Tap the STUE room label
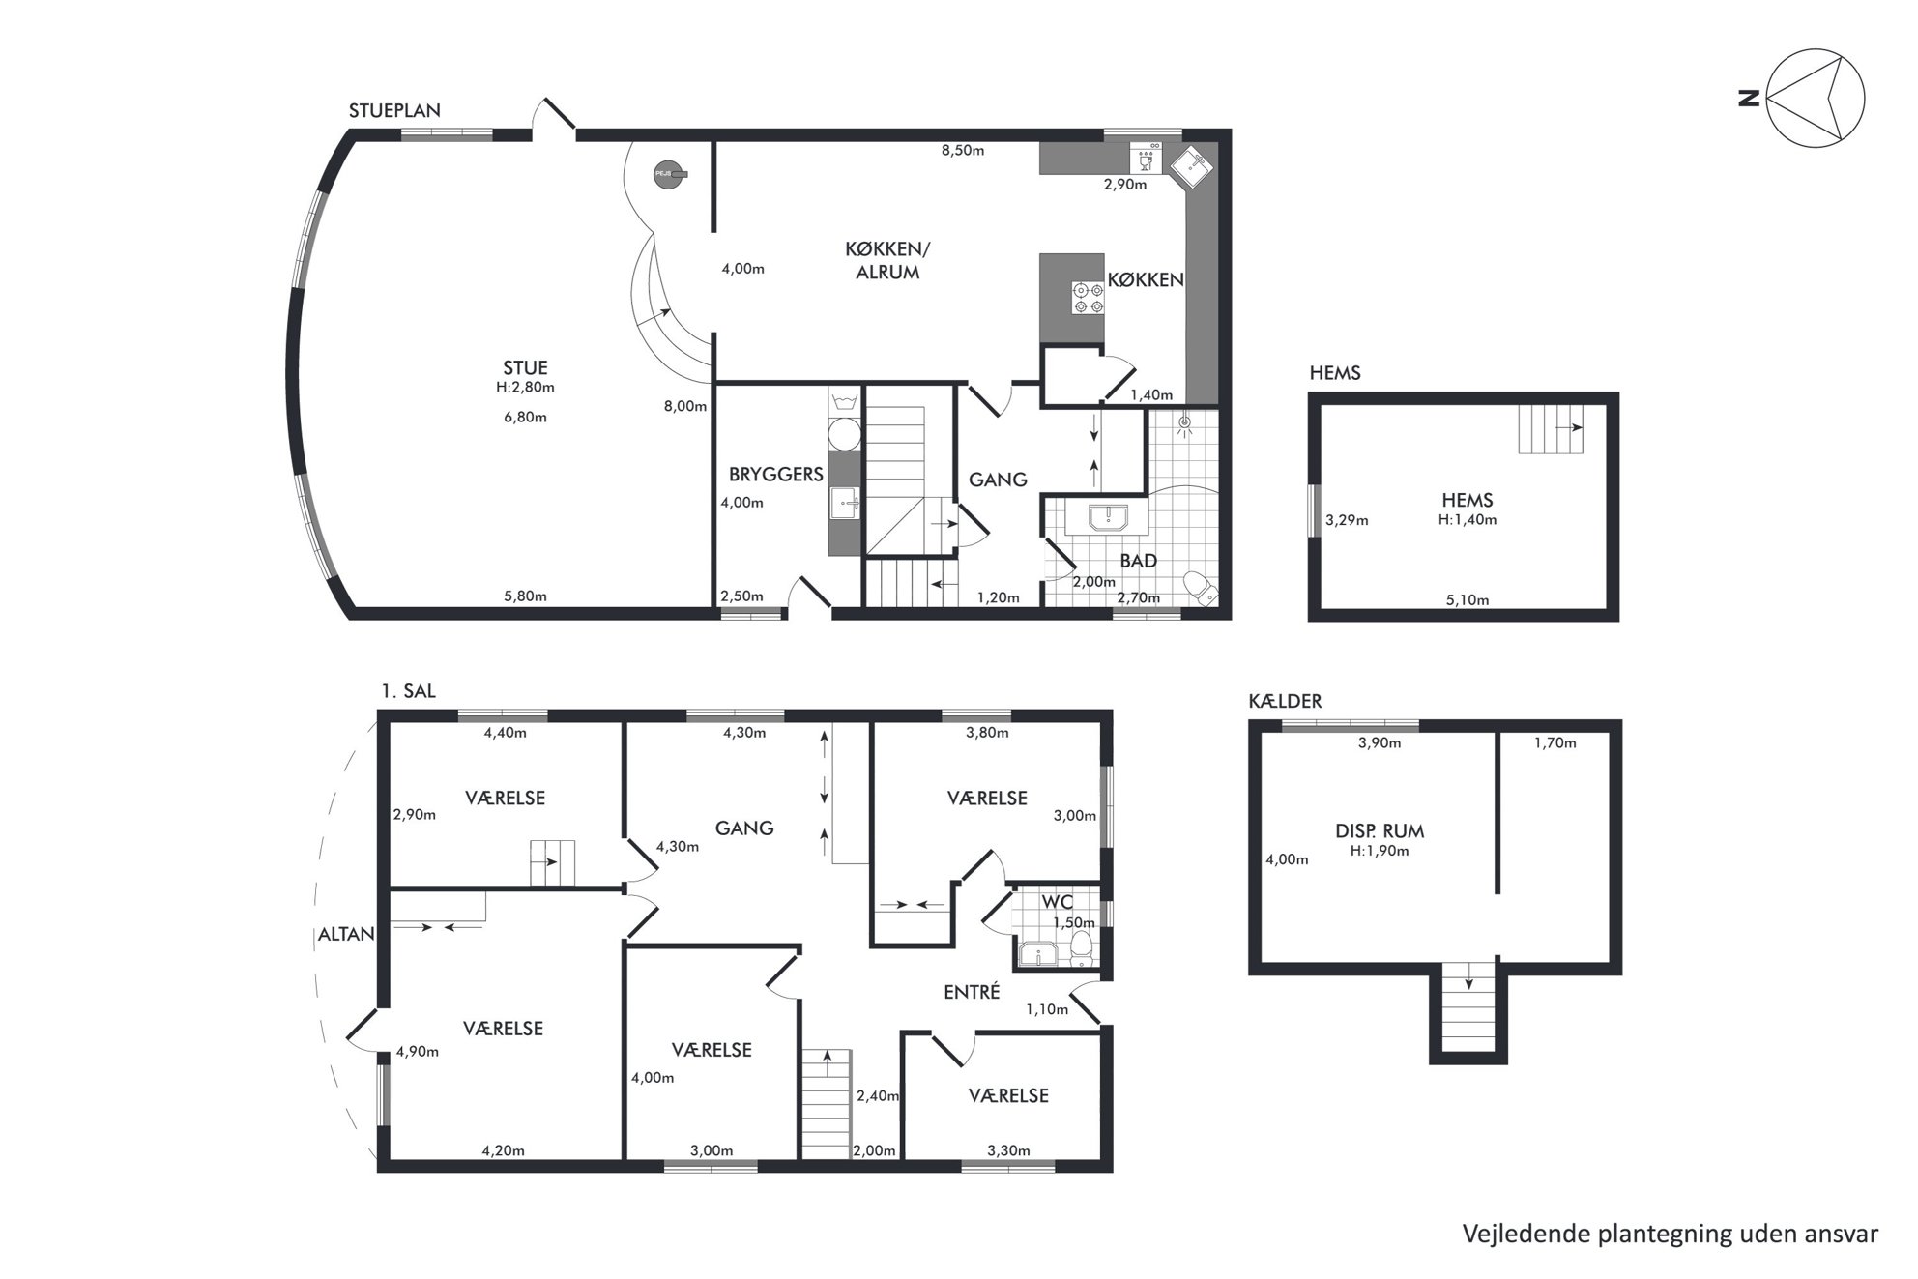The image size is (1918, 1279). pos(525,367)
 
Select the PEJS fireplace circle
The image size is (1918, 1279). pos(665,174)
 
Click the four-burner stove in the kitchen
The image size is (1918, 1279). pos(1088,298)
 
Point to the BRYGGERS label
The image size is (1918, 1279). pos(775,474)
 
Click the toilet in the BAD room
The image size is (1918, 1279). pos(1201,588)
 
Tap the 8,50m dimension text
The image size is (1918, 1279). pos(963,150)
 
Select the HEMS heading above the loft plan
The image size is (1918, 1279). pos(1334,373)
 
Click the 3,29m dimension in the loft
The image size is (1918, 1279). pos(1347,520)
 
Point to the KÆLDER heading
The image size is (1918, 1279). pos(1285,701)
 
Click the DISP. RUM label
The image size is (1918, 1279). pos(1380,830)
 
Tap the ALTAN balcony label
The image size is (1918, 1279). pos(346,935)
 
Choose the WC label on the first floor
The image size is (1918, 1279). pos(1057,902)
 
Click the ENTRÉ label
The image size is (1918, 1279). pos(972,992)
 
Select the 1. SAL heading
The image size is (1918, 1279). pos(408,691)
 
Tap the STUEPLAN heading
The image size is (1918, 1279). pos(394,110)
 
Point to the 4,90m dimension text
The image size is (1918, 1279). pos(418,1052)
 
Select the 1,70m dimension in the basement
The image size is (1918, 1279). pos(1555,742)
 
